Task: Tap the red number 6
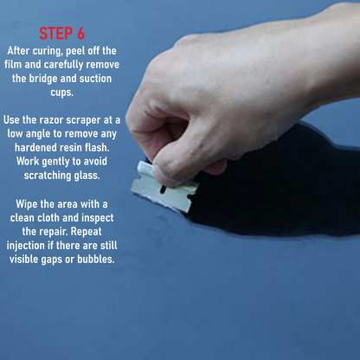click(x=80, y=34)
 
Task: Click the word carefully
click(x=63, y=65)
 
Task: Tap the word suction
click(x=95, y=79)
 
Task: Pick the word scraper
click(x=84, y=121)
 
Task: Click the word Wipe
click(x=27, y=204)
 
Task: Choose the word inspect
click(x=98, y=218)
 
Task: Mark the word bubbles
click(x=96, y=260)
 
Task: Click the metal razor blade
click(x=164, y=187)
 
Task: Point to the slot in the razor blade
click(x=163, y=190)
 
